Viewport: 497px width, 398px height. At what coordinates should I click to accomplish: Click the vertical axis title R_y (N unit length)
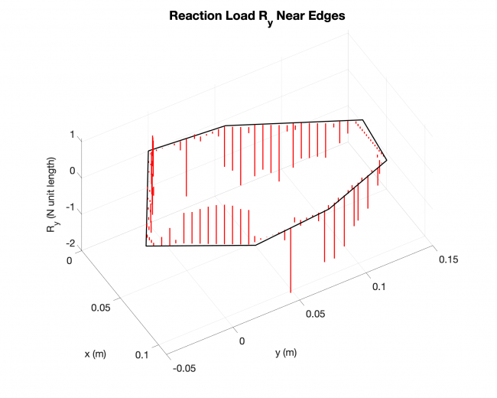point(53,192)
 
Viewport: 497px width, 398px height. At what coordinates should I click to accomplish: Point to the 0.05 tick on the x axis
point(101,307)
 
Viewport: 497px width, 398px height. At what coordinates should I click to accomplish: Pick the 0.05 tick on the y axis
point(317,314)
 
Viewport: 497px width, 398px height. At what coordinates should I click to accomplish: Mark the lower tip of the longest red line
point(291,292)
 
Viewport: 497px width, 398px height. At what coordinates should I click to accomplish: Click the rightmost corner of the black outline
point(387,160)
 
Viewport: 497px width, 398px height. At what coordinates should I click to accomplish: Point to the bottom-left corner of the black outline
point(146,246)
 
